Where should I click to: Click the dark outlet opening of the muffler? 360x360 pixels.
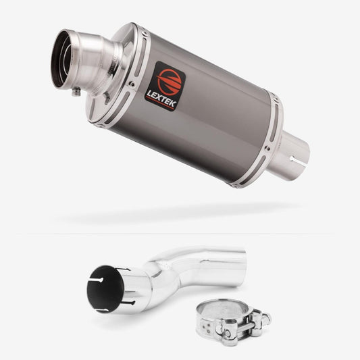click(61, 60)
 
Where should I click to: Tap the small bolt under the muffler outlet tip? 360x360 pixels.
click(76, 92)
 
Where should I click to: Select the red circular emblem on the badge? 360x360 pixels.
click(170, 82)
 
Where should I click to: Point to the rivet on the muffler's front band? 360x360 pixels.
click(132, 84)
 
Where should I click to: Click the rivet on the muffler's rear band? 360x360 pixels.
click(267, 149)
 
